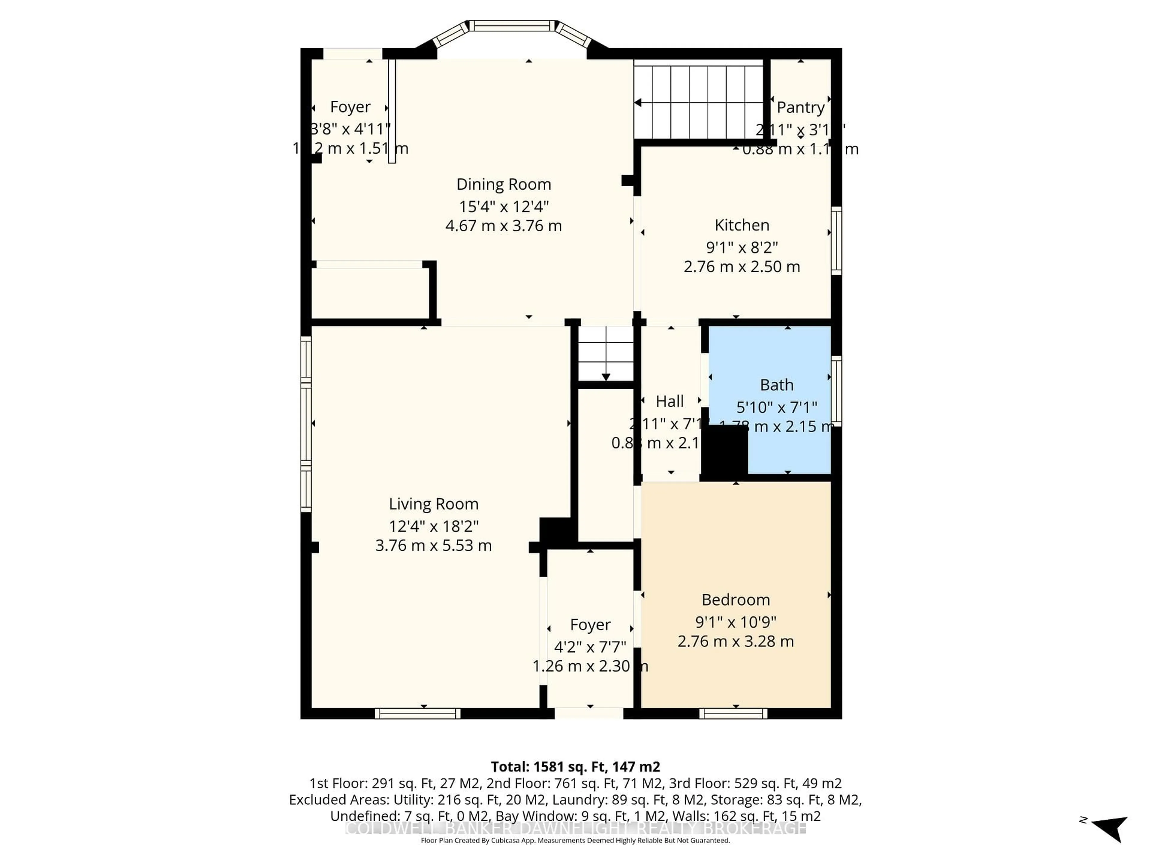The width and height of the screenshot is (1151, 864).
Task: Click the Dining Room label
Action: click(503, 184)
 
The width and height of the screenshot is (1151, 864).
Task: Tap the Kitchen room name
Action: click(742, 225)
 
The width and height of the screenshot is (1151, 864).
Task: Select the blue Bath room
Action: click(781, 364)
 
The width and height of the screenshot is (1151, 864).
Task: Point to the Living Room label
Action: click(433, 504)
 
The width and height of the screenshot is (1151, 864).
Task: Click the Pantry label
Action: click(800, 107)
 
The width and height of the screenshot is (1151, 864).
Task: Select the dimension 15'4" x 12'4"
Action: click(503, 207)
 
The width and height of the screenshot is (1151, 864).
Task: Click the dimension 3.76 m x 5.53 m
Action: click(433, 545)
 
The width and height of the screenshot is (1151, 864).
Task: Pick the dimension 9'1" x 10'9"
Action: click(735, 622)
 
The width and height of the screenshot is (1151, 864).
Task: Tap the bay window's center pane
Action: click(513, 25)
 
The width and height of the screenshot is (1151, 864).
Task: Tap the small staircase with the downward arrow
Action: click(606, 354)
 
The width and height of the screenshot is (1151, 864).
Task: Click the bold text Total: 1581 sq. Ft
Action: click(575, 766)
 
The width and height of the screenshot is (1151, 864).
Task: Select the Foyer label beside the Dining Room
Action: click(350, 107)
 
